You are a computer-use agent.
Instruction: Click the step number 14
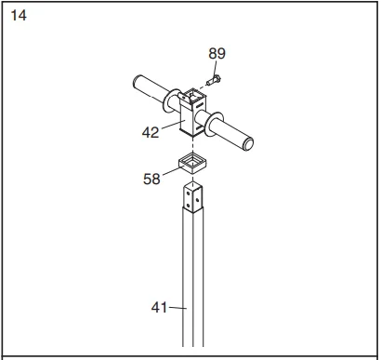coord(19,16)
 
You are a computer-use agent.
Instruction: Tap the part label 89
coord(216,54)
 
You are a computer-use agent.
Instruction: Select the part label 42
coord(151,132)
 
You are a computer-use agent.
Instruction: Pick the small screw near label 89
coord(211,82)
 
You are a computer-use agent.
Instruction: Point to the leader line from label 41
coord(176,306)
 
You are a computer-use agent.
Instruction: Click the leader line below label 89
coord(215,68)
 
